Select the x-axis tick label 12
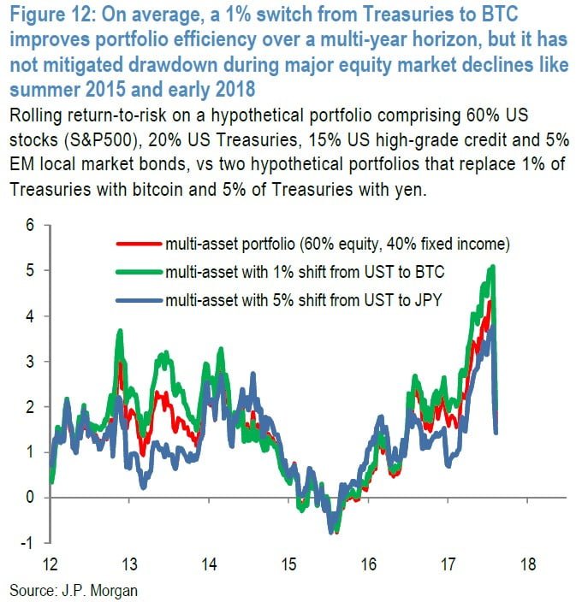(x=49, y=564)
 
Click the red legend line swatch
(x=140, y=245)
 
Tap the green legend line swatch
(x=140, y=273)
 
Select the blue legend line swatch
(x=140, y=300)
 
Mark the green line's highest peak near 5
(x=493, y=268)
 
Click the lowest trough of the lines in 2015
(x=330, y=533)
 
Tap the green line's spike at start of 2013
(x=121, y=331)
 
